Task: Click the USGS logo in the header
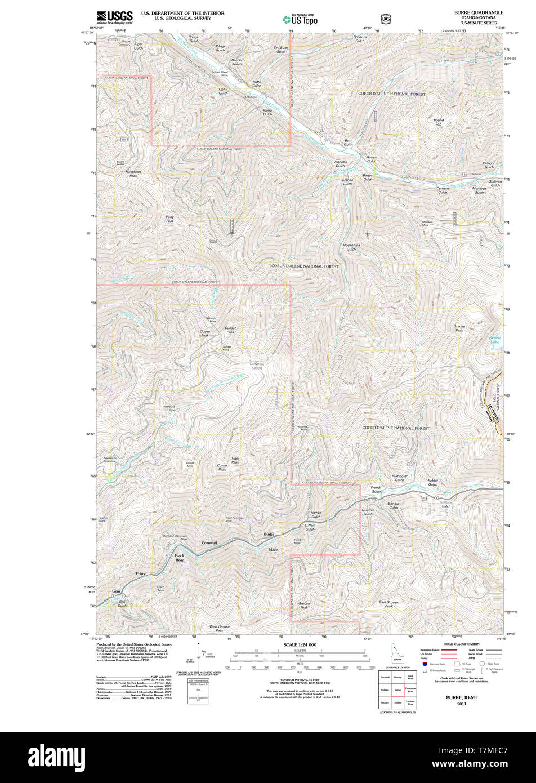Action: (114, 16)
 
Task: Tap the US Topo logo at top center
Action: (300, 19)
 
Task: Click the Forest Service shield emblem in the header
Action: (386, 19)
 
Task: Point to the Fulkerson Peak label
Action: (133, 173)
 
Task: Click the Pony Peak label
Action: (169, 219)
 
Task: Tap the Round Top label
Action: (439, 122)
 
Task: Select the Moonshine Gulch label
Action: (351, 247)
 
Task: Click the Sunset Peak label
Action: (230, 330)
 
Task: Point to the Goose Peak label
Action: (205, 333)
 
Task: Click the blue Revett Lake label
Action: (494, 340)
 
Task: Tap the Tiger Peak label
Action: (235, 460)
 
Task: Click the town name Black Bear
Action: (180, 558)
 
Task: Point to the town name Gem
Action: (116, 591)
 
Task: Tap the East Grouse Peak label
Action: (388, 604)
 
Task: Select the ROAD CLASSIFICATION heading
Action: (462, 644)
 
